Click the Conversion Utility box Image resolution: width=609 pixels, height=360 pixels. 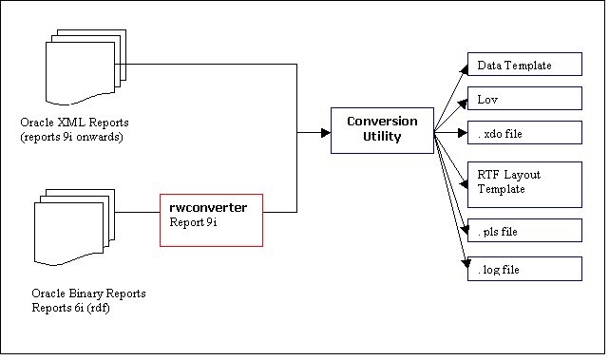[x=382, y=130]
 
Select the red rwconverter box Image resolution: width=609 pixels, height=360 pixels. [x=210, y=219]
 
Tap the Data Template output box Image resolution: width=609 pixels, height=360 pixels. [x=523, y=66]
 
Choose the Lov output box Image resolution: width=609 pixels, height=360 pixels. [x=523, y=98]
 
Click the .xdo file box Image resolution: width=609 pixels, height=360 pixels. [x=523, y=133]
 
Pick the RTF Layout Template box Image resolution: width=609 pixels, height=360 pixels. [x=523, y=182]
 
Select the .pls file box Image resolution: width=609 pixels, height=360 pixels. [x=523, y=231]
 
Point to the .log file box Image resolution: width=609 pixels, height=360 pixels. [x=523, y=270]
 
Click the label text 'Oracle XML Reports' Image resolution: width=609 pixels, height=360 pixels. [x=68, y=123]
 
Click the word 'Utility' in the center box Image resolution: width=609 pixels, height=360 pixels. [x=381, y=137]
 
